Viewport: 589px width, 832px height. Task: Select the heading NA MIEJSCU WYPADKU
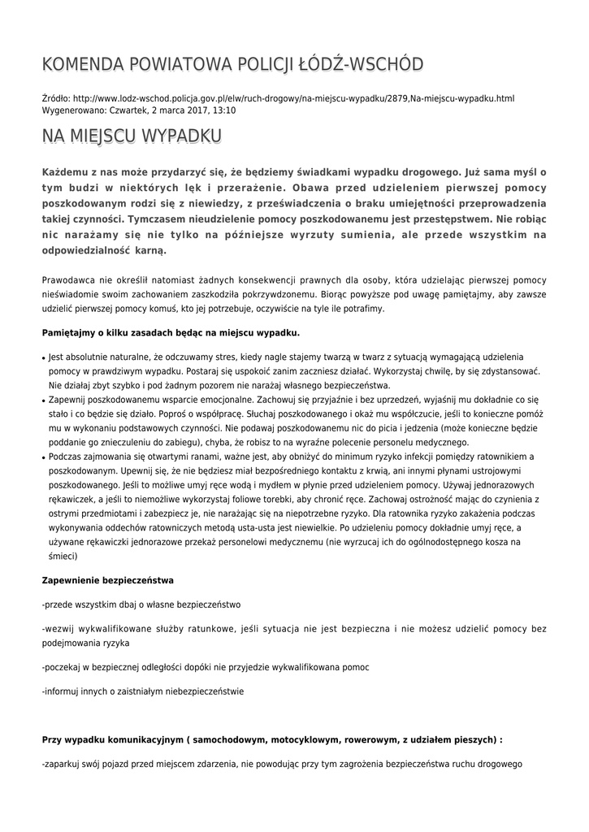pos(132,136)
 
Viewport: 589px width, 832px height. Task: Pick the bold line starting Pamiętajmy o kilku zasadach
pos(171,332)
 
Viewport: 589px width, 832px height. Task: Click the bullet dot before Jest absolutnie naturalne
pos(43,357)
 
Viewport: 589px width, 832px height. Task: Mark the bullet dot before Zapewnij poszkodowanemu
pos(43,401)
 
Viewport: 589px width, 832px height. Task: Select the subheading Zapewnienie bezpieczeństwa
pos(107,580)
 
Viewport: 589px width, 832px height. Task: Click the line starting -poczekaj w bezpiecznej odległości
pos(206,667)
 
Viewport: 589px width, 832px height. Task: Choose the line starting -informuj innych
pos(142,691)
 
